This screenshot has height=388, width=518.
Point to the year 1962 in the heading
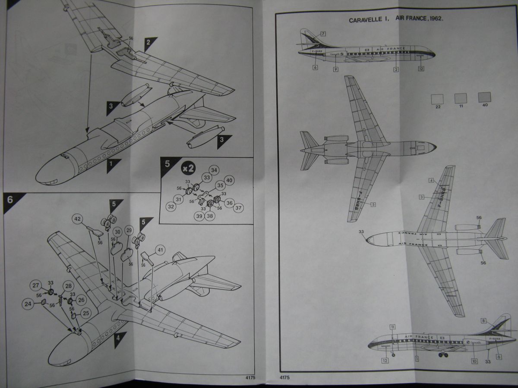click(436, 20)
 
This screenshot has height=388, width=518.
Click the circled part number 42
click(78, 219)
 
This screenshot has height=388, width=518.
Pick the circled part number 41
click(160, 249)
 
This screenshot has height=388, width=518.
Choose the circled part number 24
click(28, 304)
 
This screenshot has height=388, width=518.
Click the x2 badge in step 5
click(188, 166)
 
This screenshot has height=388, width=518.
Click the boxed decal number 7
click(323, 33)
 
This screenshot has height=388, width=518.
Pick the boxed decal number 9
click(335, 69)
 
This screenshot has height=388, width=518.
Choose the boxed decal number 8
click(483, 320)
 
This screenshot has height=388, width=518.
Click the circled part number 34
click(213, 170)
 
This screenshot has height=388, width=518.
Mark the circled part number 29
click(129, 231)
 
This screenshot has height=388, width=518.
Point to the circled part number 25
click(85, 313)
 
